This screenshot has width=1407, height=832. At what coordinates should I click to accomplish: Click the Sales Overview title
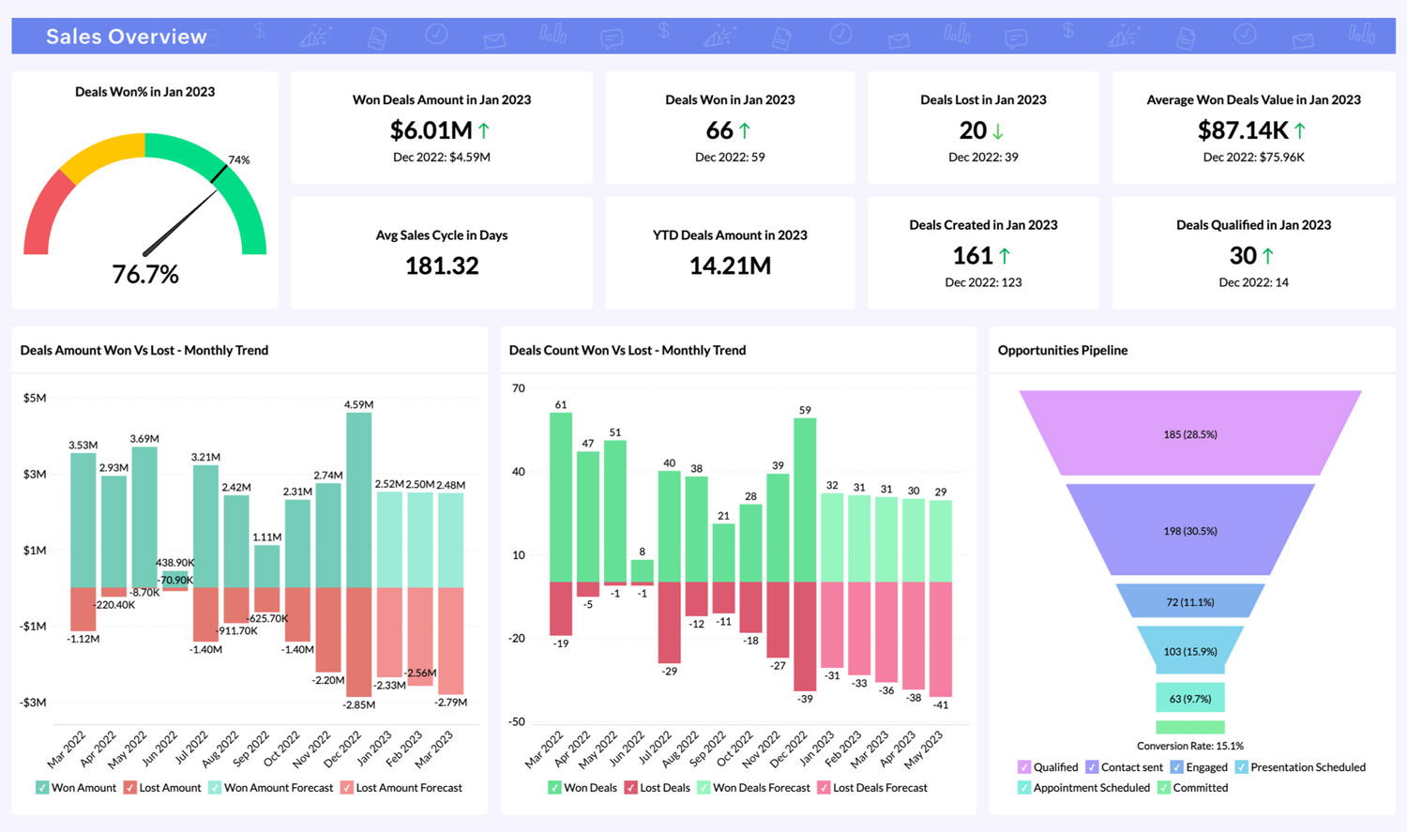pyautogui.click(x=127, y=37)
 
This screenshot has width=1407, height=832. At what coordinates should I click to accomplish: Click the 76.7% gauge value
pyautogui.click(x=145, y=274)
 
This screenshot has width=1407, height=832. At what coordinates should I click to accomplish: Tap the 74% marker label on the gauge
pyautogui.click(x=239, y=160)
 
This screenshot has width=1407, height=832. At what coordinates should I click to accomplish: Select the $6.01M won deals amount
pyautogui.click(x=431, y=130)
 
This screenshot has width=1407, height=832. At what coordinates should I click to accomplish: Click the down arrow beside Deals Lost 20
pyautogui.click(x=998, y=131)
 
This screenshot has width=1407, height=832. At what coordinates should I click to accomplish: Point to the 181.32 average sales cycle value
pyautogui.click(x=442, y=266)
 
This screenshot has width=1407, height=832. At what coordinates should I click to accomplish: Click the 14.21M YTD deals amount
pyautogui.click(x=730, y=266)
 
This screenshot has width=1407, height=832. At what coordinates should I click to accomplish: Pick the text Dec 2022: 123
pyautogui.click(x=983, y=282)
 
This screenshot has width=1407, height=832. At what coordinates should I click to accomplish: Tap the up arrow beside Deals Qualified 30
pyautogui.click(x=1268, y=256)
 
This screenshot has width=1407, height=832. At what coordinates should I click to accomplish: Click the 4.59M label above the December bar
pyautogui.click(x=358, y=405)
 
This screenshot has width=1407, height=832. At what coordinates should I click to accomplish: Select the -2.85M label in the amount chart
pyautogui.click(x=358, y=704)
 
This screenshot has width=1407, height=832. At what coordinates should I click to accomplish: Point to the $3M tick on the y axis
pyautogui.click(x=34, y=475)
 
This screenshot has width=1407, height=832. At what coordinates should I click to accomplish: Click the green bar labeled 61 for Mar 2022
pyautogui.click(x=561, y=497)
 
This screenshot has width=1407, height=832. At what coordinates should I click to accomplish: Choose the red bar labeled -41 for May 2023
pyautogui.click(x=941, y=638)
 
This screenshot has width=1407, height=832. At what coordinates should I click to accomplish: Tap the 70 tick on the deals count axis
pyautogui.click(x=518, y=388)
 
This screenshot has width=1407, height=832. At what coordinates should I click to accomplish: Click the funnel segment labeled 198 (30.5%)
pyautogui.click(x=1189, y=531)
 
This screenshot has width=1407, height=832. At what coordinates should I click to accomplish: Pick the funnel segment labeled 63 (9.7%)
pyautogui.click(x=1189, y=699)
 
